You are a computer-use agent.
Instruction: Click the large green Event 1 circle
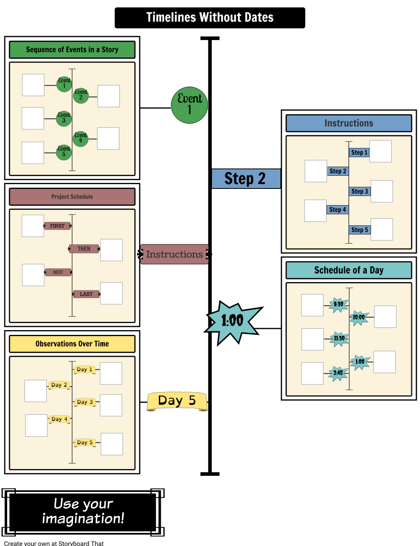click(x=189, y=105)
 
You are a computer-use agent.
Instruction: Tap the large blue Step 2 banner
click(x=246, y=179)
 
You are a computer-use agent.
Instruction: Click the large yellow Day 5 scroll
click(x=177, y=401)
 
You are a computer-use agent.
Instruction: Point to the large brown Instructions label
click(x=174, y=254)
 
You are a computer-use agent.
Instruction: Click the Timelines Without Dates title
click(x=210, y=17)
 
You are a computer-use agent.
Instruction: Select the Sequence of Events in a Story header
click(x=72, y=50)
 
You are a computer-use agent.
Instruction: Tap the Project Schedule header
click(x=72, y=197)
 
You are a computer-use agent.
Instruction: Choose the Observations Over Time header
click(x=72, y=344)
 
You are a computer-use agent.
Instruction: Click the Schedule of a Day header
click(x=349, y=270)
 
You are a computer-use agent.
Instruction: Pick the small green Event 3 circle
click(x=64, y=118)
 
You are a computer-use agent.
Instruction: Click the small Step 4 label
click(x=337, y=210)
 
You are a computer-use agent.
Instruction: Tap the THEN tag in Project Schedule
click(x=84, y=249)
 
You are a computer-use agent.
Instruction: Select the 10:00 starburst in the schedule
click(x=359, y=317)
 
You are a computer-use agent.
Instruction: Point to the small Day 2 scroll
click(x=59, y=385)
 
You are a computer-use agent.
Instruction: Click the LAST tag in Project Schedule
click(x=86, y=294)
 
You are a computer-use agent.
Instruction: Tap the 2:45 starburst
click(x=338, y=373)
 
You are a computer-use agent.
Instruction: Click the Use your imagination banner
click(x=83, y=512)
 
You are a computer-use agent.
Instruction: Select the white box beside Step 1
click(x=380, y=151)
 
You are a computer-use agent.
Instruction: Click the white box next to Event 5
click(x=33, y=153)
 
